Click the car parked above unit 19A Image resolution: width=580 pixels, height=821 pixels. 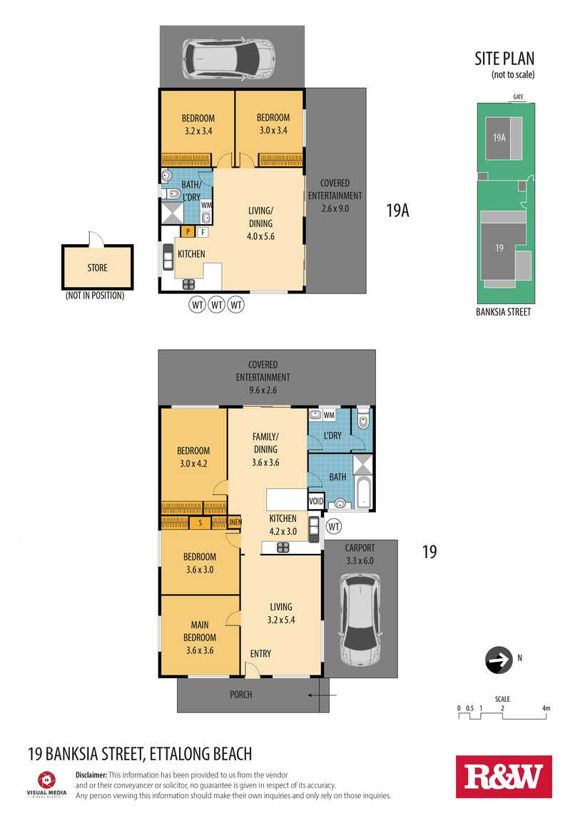(228, 57)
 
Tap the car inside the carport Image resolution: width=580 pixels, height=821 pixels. (360, 619)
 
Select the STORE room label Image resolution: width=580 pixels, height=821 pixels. (97, 268)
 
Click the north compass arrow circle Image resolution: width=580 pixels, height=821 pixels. (499, 660)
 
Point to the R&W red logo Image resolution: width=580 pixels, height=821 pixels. (504, 777)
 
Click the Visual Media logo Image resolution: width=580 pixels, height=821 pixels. (46, 784)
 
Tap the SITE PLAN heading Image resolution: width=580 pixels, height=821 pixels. (504, 59)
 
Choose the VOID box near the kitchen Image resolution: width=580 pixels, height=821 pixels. (316, 501)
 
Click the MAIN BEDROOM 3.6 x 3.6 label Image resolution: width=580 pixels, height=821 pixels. (200, 638)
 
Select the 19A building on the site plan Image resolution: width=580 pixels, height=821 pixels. (504, 138)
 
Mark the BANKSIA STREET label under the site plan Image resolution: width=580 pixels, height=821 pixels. (503, 312)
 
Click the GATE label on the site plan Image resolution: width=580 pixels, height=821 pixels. (518, 97)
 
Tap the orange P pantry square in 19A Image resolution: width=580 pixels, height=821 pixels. (187, 231)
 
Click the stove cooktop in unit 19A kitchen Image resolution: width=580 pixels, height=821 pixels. (188, 284)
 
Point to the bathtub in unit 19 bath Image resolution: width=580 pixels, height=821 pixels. (362, 492)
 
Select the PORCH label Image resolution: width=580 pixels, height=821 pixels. (240, 695)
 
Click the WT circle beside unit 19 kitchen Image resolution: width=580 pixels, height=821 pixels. (334, 526)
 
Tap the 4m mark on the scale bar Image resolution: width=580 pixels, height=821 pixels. (546, 708)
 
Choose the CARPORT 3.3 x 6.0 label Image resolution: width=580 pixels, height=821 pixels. (360, 554)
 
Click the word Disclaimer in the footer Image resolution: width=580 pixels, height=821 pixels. (91, 775)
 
